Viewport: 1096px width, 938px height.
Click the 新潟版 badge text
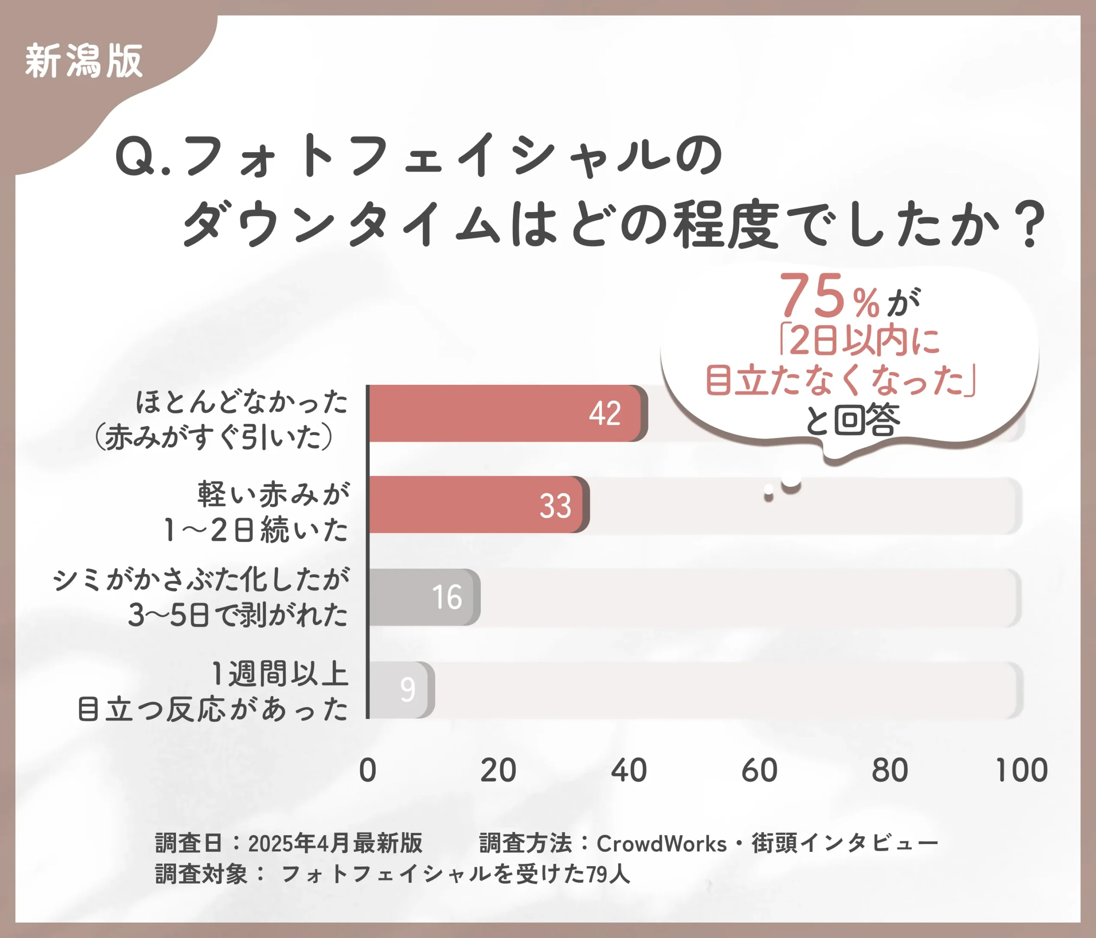coord(83,61)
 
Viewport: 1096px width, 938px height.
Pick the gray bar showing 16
coord(423,597)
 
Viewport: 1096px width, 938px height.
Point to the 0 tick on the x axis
coord(368,770)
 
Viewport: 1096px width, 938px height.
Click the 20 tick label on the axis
coord(498,770)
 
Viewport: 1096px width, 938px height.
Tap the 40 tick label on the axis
coord(628,770)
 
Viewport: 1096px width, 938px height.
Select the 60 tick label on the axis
coord(759,770)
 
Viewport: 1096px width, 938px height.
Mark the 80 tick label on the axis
coord(890,770)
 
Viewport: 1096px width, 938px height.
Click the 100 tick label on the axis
coord(1022,770)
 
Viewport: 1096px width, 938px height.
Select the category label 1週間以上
coord(280,674)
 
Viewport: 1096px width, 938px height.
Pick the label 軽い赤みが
coord(274,494)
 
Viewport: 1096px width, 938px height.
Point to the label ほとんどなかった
coord(242,402)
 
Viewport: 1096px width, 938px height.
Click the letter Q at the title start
coord(135,156)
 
